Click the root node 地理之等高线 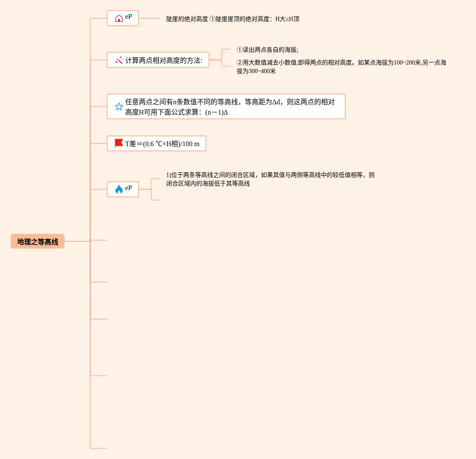38,241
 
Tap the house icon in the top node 119,18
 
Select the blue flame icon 119,189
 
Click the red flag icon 119,144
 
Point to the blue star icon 119,107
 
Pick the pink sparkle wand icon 119,60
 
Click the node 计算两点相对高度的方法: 164,60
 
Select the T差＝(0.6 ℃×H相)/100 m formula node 162,144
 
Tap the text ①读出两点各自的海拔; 267,50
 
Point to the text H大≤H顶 287,19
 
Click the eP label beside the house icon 129,17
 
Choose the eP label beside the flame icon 129,188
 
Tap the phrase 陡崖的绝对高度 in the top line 187,19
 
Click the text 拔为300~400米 256,71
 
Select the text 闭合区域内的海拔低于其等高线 208,184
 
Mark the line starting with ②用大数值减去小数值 341,63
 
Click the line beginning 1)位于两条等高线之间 270,175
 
